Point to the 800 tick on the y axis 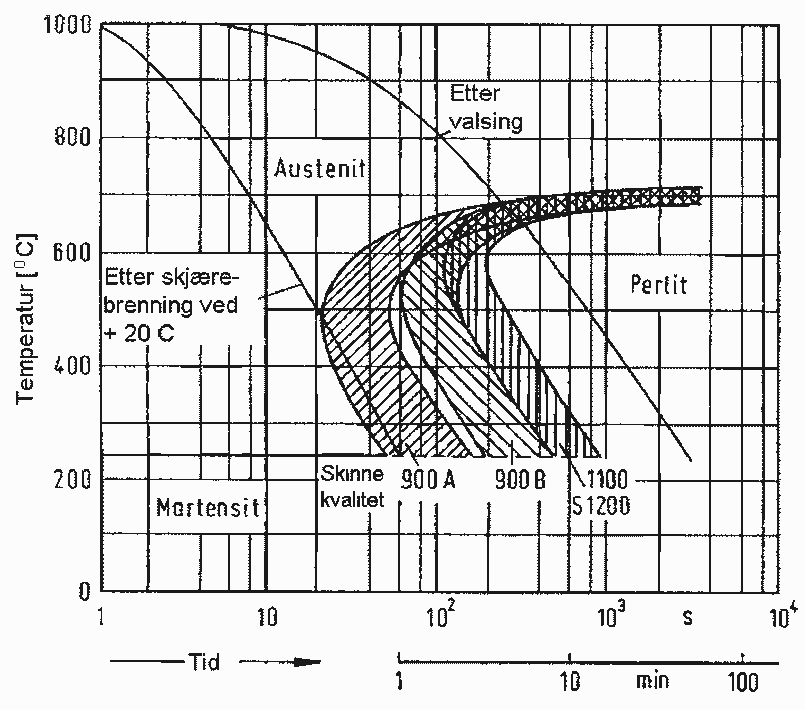[x=72, y=136]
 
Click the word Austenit [x=320, y=169]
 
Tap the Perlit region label [x=658, y=285]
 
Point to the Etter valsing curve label [x=486, y=108]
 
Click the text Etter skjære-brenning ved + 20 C [x=172, y=305]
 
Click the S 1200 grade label [x=602, y=506]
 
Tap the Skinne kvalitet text [x=352, y=487]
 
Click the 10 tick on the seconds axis [x=266, y=617]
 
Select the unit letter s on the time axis [x=687, y=618]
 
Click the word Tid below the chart [x=204, y=662]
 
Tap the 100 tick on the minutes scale [x=743, y=682]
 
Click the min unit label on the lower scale [x=653, y=681]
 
